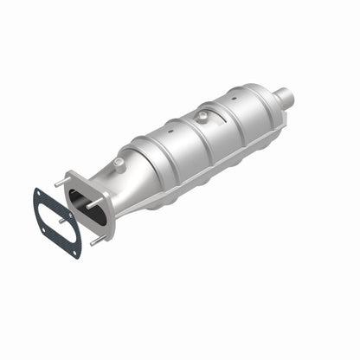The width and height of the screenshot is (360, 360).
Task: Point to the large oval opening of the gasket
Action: coord(57,222)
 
